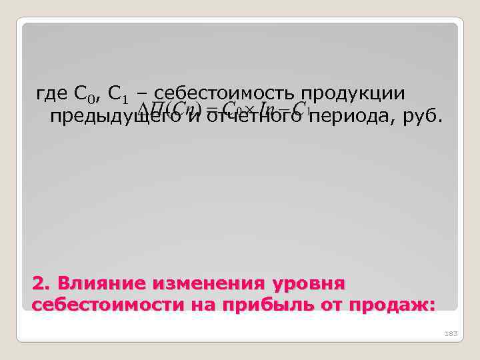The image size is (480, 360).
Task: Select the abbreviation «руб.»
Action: click(x=423, y=117)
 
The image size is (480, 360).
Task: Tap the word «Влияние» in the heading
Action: click(x=102, y=283)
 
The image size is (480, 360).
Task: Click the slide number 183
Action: click(x=451, y=333)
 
